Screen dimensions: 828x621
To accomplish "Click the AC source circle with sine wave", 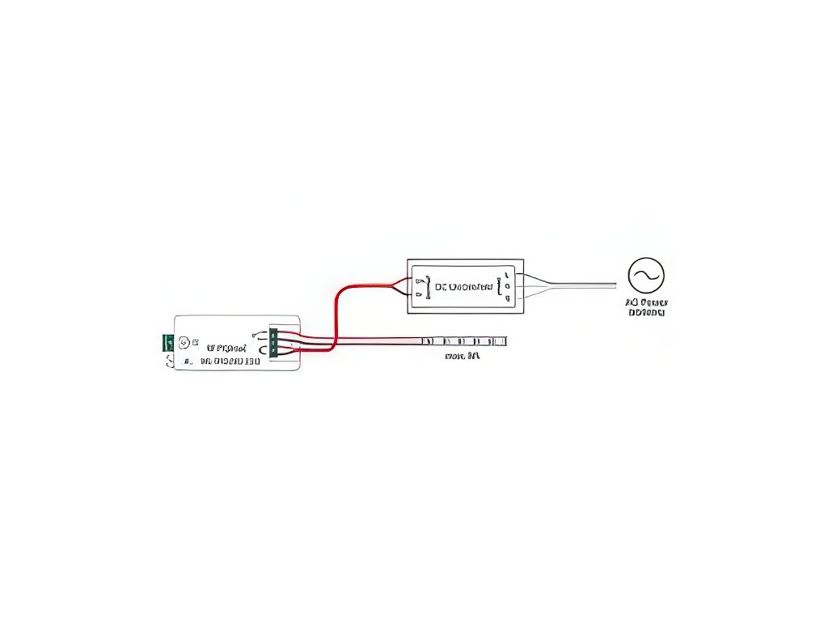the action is click(x=646, y=276).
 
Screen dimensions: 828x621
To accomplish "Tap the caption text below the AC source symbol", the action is click(x=646, y=307).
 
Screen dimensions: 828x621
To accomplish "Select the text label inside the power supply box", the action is click(x=463, y=286).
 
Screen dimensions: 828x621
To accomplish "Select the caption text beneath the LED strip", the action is click(x=463, y=355).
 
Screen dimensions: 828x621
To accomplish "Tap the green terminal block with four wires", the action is click(x=273, y=342).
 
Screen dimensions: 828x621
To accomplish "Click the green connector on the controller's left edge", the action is click(x=168, y=342).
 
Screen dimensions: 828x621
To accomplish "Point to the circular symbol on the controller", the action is click(x=184, y=342).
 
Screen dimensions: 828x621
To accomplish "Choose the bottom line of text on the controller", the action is click(x=230, y=361).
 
